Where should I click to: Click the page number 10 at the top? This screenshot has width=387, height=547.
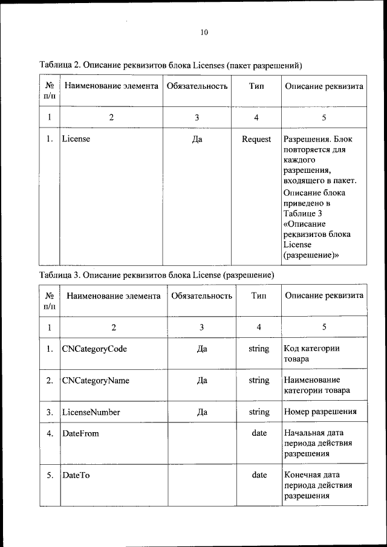[204, 33]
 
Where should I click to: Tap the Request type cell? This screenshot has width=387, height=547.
[256, 140]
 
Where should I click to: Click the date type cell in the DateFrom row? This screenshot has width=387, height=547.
[259, 433]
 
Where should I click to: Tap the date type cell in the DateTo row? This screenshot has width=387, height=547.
[259, 475]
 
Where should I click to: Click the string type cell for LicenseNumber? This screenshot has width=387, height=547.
[259, 412]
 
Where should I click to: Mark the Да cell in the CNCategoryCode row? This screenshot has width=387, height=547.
[202, 349]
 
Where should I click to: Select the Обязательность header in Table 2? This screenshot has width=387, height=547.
[197, 86]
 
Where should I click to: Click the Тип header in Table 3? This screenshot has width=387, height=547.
[259, 296]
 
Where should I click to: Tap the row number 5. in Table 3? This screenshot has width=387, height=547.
[50, 475]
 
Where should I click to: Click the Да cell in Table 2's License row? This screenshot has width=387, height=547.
[197, 140]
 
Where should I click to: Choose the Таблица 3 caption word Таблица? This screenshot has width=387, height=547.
[58, 275]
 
